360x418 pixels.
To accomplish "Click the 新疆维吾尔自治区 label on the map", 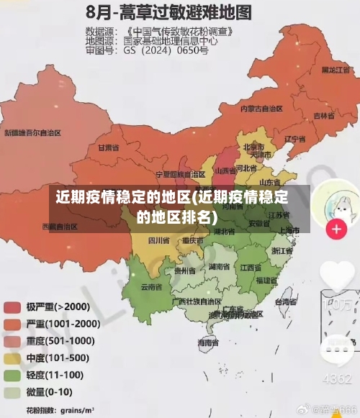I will [33, 133].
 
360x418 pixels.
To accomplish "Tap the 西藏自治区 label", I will [60, 227].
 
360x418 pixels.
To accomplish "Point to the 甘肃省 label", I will [107, 147].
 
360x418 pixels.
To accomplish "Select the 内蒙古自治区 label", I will [261, 108].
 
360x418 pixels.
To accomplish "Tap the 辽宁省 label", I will [295, 138].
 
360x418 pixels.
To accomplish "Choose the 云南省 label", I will [151, 286].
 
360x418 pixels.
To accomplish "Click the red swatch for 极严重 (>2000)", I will [12, 306].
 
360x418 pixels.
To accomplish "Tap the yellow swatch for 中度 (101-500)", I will [12, 358].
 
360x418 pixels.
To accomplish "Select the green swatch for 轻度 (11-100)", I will [12, 375].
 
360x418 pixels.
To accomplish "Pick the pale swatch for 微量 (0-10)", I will [12, 393].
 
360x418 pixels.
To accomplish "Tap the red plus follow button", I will [336, 230].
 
